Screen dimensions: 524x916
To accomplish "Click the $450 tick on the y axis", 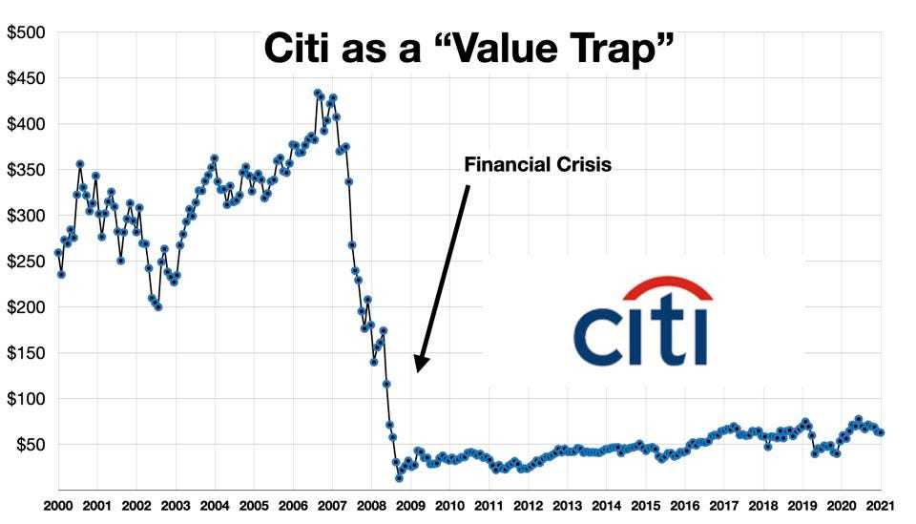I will [26, 78].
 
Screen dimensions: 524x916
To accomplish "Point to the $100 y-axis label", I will [26, 399].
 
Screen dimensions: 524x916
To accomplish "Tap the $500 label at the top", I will [26, 32].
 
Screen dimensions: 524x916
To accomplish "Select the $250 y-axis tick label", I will [26, 262].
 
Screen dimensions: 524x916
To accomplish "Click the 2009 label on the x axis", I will [409, 507].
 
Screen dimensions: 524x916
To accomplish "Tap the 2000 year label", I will [58, 507].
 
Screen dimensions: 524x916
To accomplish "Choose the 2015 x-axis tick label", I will [645, 507].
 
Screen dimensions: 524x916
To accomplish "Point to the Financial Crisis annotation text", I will [537, 165].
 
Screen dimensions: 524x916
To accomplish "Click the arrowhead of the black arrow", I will [421, 365].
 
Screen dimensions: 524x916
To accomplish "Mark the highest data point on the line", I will [318, 94].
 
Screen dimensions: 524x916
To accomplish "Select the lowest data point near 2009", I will [399, 477].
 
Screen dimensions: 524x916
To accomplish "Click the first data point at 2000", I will [58, 252].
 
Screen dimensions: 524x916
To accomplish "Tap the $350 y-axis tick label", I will [26, 170].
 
